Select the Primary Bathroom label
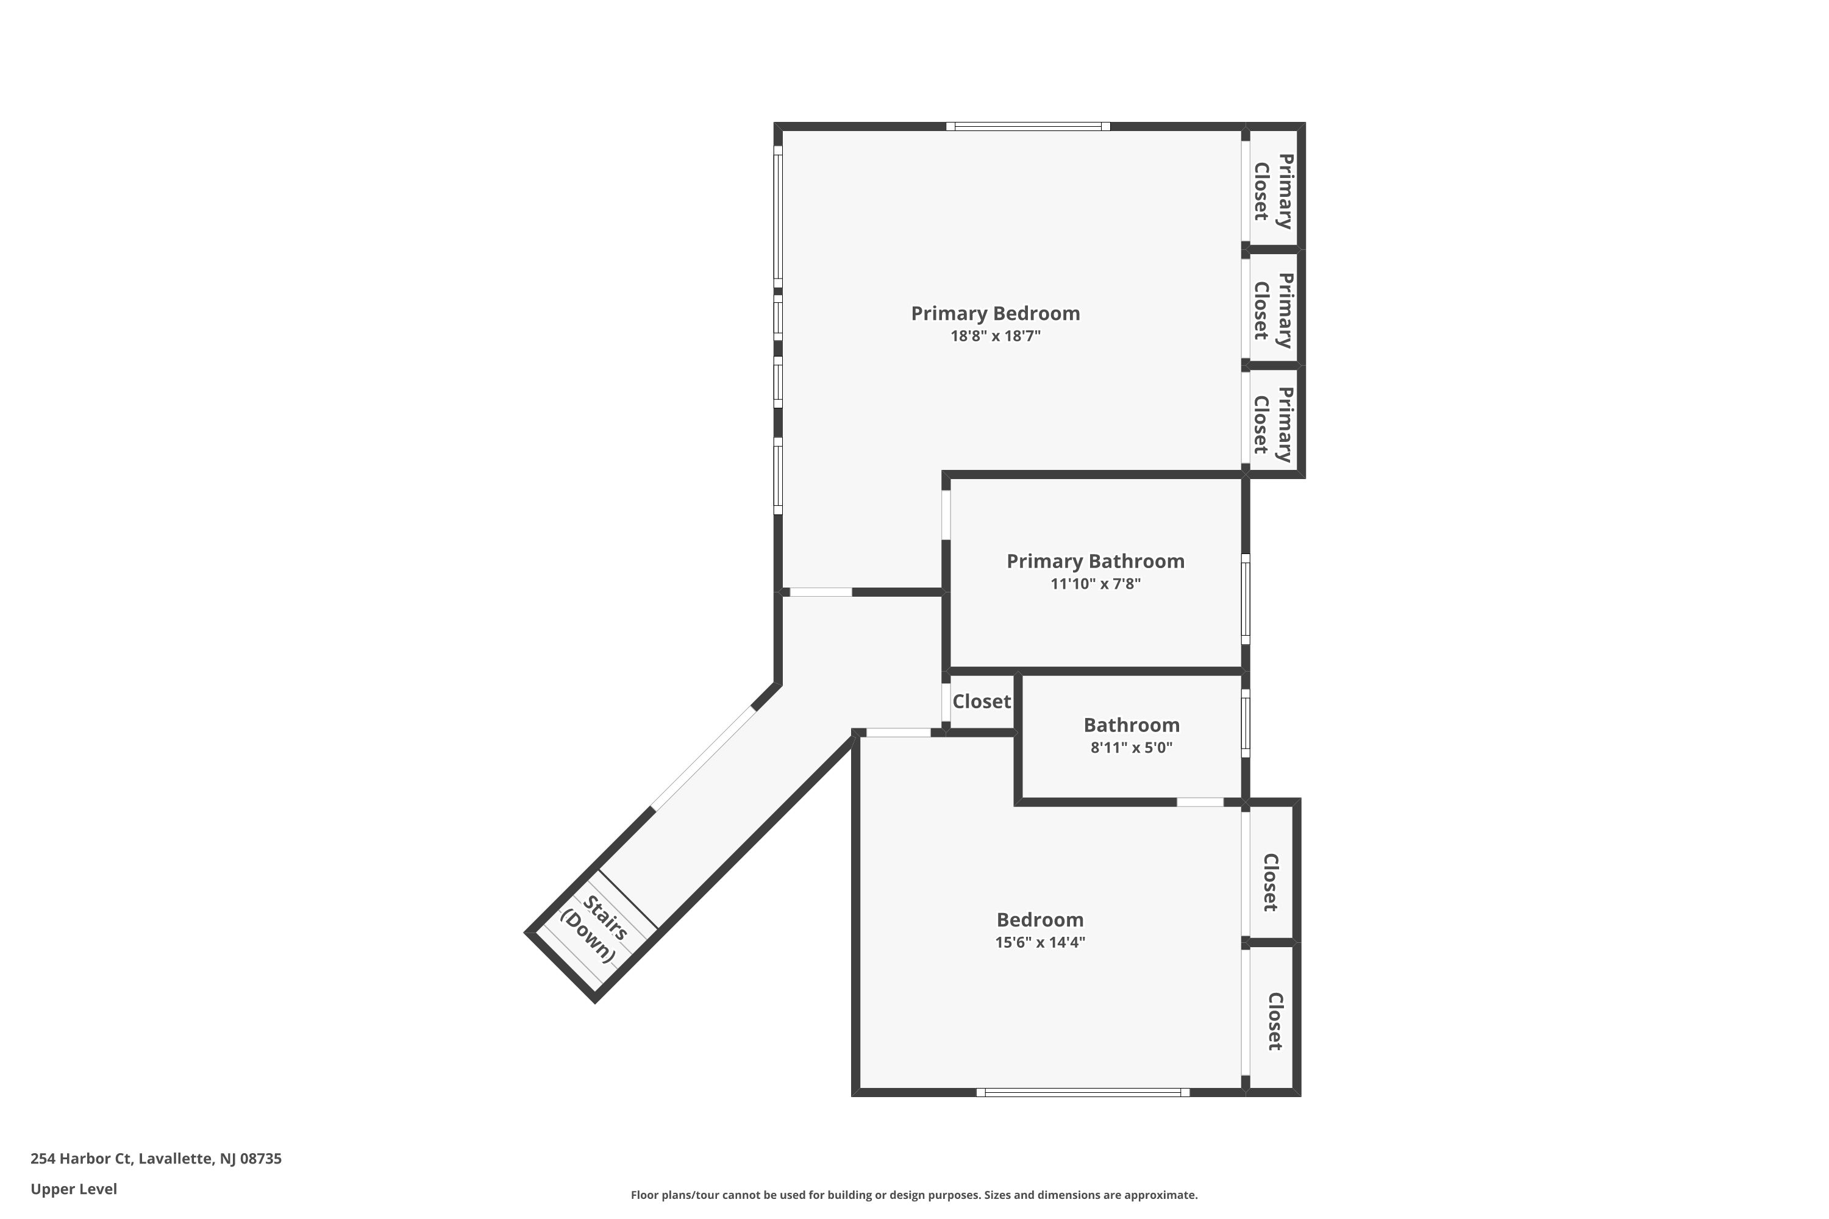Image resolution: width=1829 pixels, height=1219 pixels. pyautogui.click(x=1095, y=561)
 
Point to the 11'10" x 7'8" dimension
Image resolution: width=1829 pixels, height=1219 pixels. pyautogui.click(x=1095, y=584)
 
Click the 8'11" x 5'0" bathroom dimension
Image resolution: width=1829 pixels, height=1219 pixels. pyautogui.click(x=1131, y=748)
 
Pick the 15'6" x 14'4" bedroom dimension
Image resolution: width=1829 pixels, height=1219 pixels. pyautogui.click(x=1039, y=943)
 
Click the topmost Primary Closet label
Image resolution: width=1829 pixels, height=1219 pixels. pyautogui.click(x=1273, y=191)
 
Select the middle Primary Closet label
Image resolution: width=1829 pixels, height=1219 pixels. pyautogui.click(x=1273, y=310)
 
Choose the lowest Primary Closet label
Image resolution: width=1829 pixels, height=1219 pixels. pyautogui.click(x=1273, y=424)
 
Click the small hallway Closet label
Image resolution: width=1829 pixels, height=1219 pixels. pyautogui.click(x=982, y=702)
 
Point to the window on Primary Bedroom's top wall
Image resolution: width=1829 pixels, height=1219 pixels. pyautogui.click(x=1027, y=127)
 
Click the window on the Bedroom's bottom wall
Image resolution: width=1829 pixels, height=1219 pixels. pyautogui.click(x=1083, y=1092)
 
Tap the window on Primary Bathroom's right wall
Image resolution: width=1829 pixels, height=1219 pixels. pyautogui.click(x=1245, y=599)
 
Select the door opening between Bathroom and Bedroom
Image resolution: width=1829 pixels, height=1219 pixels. pyautogui.click(x=1200, y=802)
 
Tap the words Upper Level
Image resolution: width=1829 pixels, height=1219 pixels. pyautogui.click(x=74, y=1189)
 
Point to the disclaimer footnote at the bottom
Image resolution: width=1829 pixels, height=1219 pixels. pyautogui.click(x=914, y=1195)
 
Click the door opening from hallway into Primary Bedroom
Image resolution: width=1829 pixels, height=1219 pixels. pyautogui.click(x=821, y=592)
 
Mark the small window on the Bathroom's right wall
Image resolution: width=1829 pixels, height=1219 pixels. pyautogui.click(x=1245, y=723)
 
